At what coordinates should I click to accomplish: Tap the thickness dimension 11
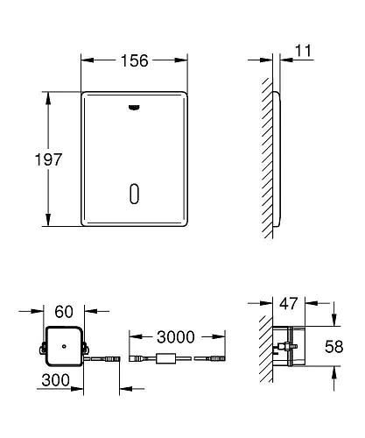(304, 53)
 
